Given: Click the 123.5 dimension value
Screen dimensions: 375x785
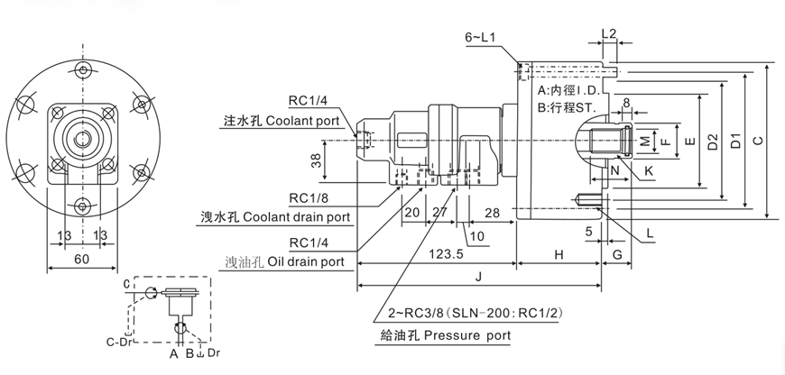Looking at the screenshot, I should point(441,255).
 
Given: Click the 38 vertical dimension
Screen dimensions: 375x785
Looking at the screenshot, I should point(315,162).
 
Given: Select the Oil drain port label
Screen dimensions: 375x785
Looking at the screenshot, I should point(308,262).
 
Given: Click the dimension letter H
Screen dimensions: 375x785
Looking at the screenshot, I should point(559,255).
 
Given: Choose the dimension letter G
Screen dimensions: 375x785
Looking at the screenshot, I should point(617,255).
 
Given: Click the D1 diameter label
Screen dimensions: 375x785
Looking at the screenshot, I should point(735,140).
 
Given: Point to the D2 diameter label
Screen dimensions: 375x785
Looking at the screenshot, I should point(713,140).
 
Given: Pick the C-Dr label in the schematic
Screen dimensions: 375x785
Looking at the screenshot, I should point(119,341).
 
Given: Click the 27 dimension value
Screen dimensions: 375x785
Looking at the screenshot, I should point(440,212).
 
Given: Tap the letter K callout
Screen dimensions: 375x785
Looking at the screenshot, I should point(650,170).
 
